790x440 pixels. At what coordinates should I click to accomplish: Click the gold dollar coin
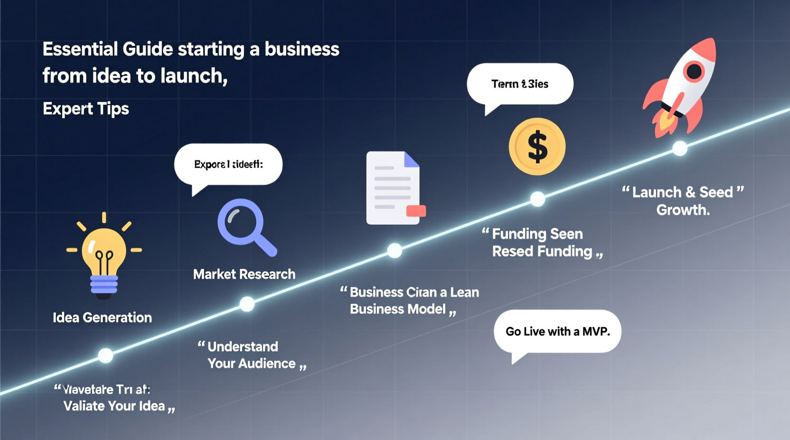tap(537, 147)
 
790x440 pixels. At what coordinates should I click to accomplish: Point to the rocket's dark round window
tap(694, 72)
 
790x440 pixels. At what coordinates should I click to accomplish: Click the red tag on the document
tap(416, 211)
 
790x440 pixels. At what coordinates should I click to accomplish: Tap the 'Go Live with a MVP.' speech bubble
tap(557, 331)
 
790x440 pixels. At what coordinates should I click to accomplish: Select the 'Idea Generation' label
tap(102, 317)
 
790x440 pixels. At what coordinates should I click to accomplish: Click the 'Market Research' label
tap(244, 274)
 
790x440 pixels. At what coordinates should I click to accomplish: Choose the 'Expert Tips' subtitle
tap(86, 109)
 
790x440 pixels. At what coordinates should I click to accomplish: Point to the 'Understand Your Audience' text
tap(252, 355)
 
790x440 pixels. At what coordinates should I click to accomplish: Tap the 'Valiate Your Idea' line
tap(114, 406)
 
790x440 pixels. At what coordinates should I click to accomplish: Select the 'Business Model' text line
tap(398, 309)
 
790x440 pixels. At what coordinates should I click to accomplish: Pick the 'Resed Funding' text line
tap(542, 251)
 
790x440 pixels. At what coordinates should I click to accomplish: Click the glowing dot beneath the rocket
tap(680, 148)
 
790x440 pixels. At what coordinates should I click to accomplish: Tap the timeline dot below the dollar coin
tap(537, 199)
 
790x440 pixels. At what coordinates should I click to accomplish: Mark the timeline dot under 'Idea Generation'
tap(105, 355)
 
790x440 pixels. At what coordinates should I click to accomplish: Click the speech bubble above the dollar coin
tap(520, 84)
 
